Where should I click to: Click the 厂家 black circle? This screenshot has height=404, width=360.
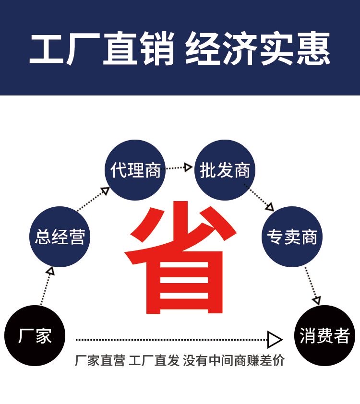35,335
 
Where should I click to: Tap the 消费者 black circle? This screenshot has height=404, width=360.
324,335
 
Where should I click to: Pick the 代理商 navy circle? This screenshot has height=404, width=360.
135,170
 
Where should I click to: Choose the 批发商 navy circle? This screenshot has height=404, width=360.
225,170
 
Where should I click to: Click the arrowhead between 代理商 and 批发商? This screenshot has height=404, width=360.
188,167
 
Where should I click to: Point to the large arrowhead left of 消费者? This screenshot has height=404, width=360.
275,340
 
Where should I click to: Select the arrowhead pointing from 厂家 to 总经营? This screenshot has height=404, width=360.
50,271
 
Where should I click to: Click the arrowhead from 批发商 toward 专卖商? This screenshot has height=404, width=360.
270,208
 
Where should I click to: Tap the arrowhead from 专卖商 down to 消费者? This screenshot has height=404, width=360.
316,300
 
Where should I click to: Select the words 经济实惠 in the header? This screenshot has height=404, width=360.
258,49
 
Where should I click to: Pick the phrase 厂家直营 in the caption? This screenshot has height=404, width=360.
100,361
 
